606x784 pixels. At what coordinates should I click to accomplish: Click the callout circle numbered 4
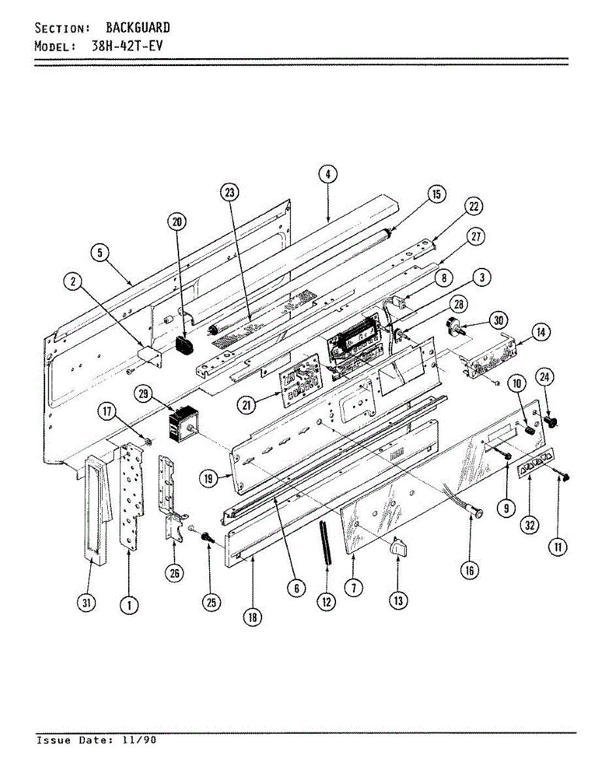tap(328, 174)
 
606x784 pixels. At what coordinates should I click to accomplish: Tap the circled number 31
tap(86, 603)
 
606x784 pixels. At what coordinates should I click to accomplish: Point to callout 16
tap(469, 570)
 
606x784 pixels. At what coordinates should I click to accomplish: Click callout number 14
tap(541, 332)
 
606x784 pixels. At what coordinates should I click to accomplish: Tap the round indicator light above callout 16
tap(479, 514)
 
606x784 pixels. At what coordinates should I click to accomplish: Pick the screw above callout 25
tap(208, 538)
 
